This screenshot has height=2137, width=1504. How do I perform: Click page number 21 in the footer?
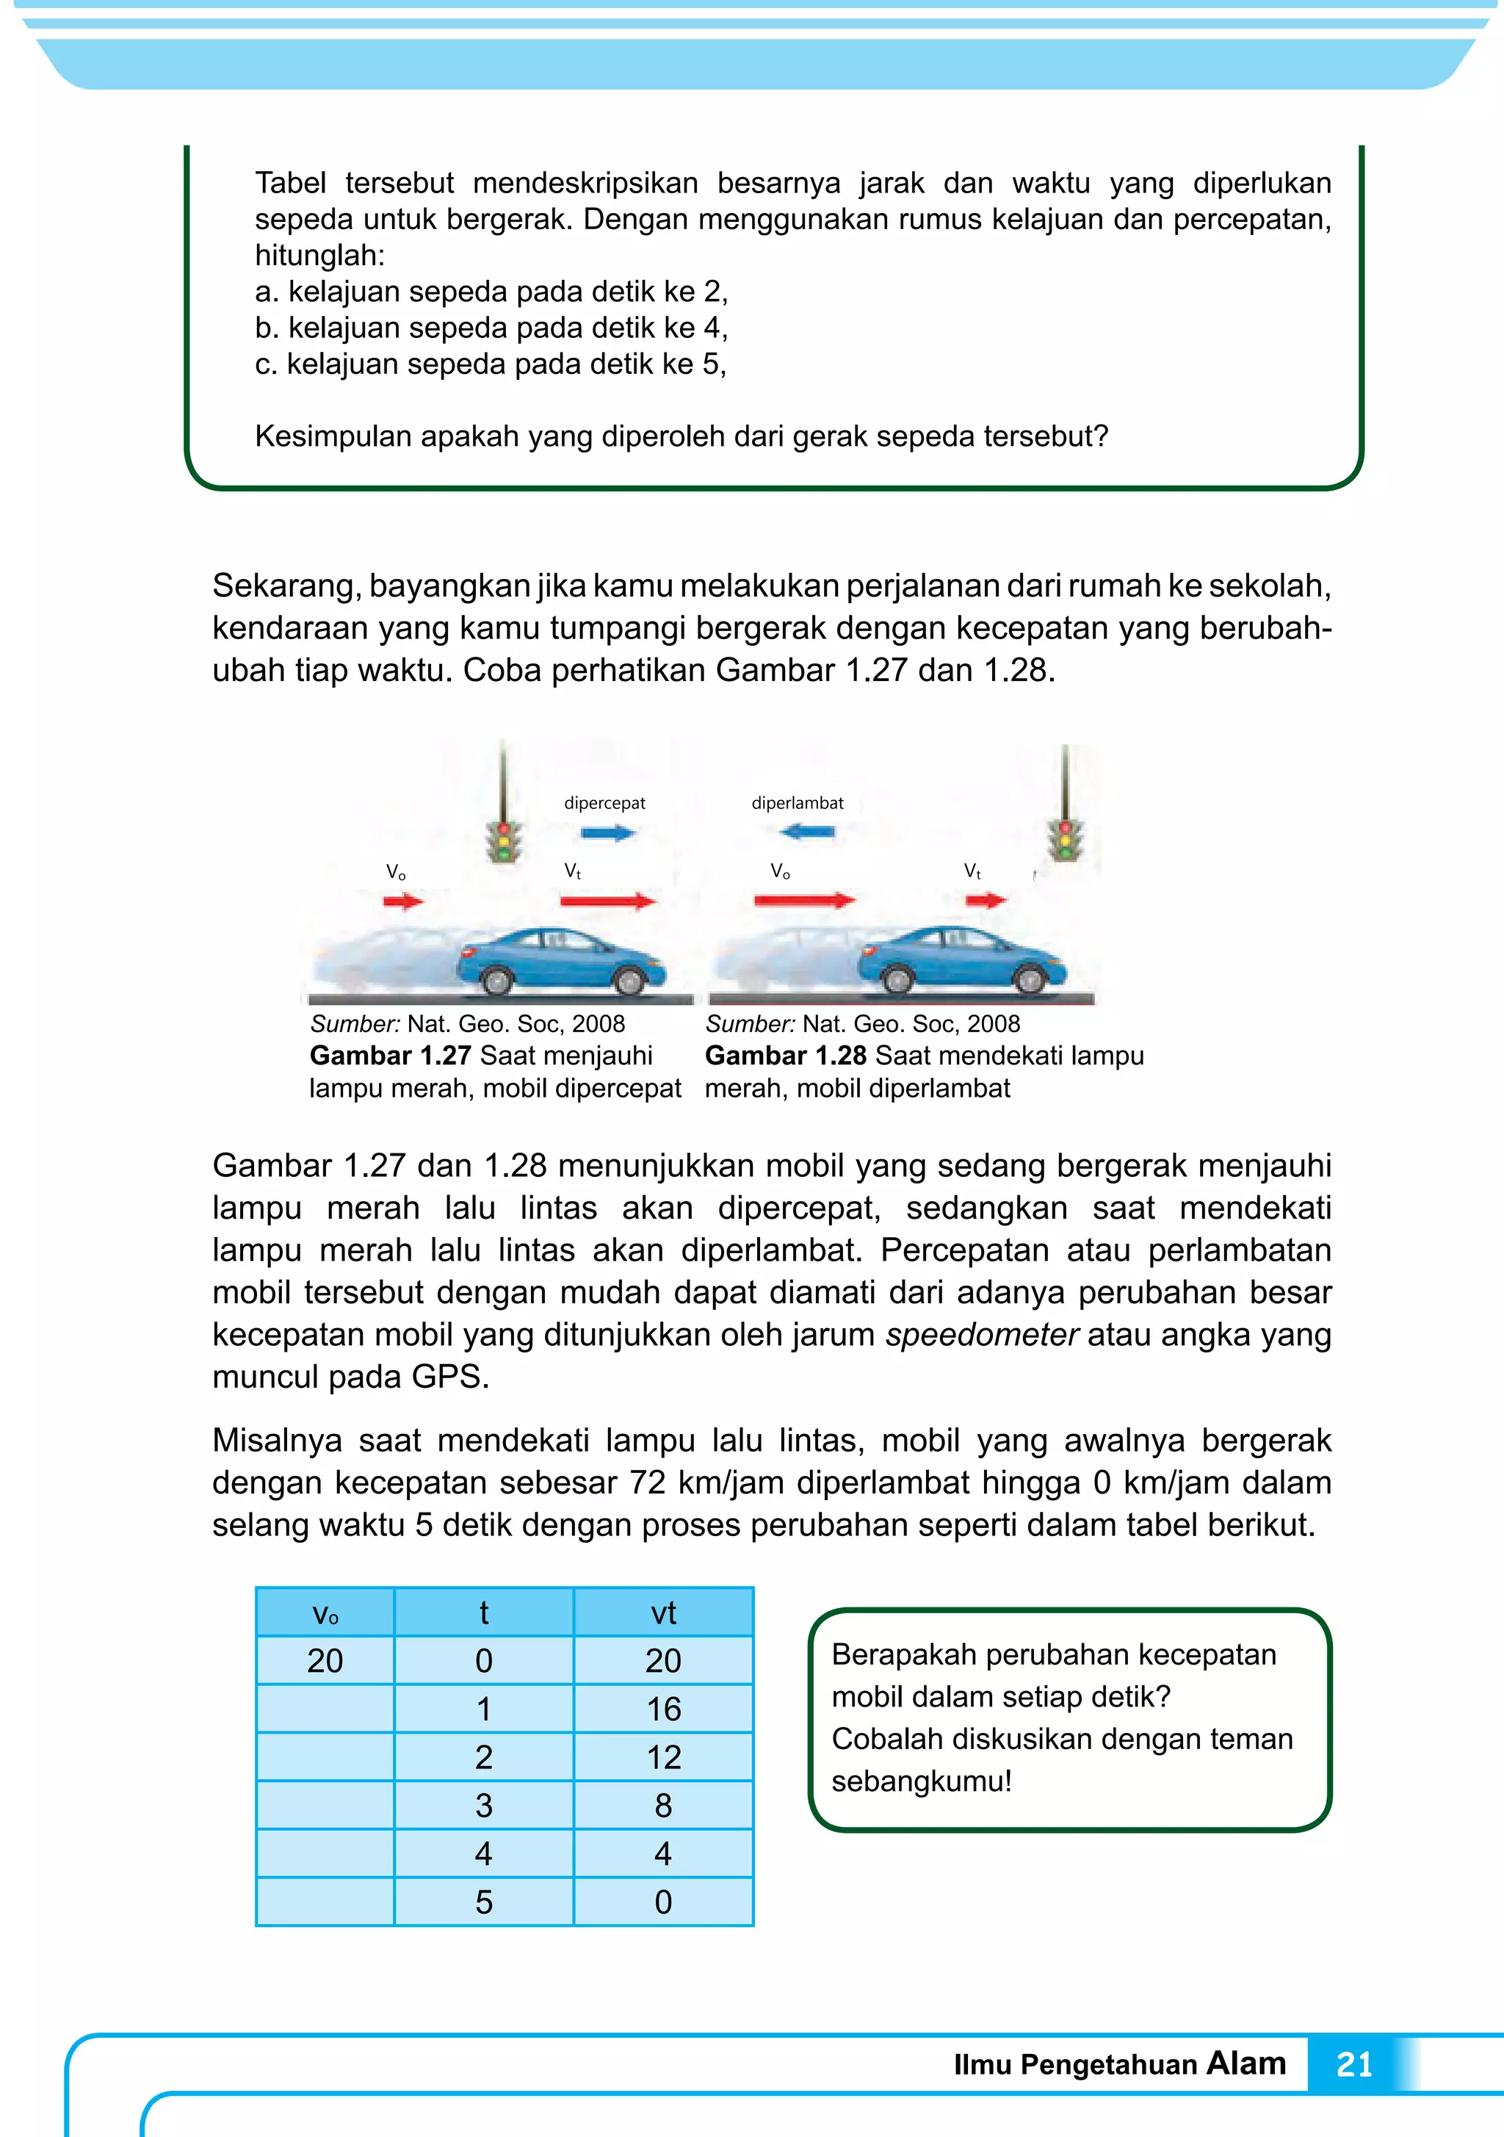click(x=1353, y=2064)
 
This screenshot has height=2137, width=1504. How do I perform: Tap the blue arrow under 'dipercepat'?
click(x=607, y=833)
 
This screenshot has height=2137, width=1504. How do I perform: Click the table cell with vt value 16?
click(x=662, y=1709)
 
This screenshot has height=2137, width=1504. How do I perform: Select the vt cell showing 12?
click(x=662, y=1757)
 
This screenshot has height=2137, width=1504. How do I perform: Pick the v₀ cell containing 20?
click(x=325, y=1660)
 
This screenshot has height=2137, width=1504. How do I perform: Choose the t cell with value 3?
click(x=483, y=1806)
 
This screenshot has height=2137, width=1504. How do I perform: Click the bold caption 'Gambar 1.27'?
click(x=390, y=1056)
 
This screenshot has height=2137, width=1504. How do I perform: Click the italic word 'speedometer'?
click(x=981, y=1335)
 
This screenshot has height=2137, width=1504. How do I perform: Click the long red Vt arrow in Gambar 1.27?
click(x=608, y=900)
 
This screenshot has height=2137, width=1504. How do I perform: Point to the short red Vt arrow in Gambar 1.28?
click(x=986, y=900)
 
